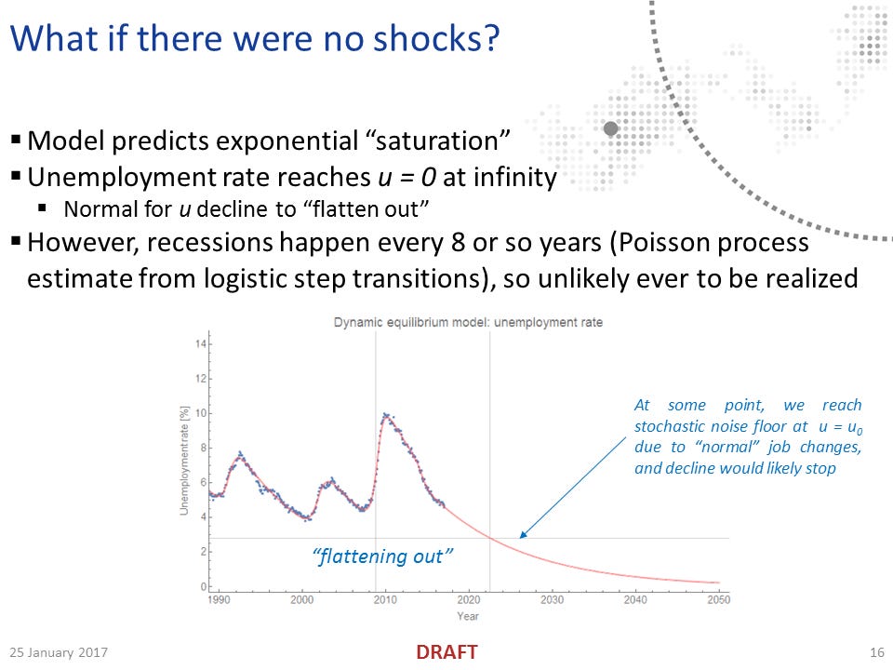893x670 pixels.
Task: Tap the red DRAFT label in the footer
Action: pyautogui.click(x=446, y=652)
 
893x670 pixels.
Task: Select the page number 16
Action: pyautogui.click(x=877, y=652)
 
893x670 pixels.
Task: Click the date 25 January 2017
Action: pyautogui.click(x=59, y=652)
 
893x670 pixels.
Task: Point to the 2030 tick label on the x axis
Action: pyautogui.click(x=552, y=599)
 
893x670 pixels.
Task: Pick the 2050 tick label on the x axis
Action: pyautogui.click(x=718, y=599)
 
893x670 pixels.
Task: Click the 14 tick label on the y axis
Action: pyautogui.click(x=201, y=344)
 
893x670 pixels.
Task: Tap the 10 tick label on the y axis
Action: pyautogui.click(x=201, y=413)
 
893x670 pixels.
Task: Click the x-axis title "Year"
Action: pyautogui.click(x=468, y=616)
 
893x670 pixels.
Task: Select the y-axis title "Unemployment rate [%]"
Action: pyautogui.click(x=184, y=461)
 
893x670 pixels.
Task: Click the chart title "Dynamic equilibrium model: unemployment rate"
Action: pyautogui.click(x=468, y=323)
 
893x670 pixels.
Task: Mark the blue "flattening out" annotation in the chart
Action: pyautogui.click(x=382, y=556)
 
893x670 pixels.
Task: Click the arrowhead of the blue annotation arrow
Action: pyautogui.click(x=522, y=535)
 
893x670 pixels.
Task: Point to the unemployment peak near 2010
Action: pyautogui.click(x=385, y=414)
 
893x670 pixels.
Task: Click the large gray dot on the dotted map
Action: pyautogui.click(x=611, y=128)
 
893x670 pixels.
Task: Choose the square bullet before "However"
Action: pyautogui.click(x=16, y=242)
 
